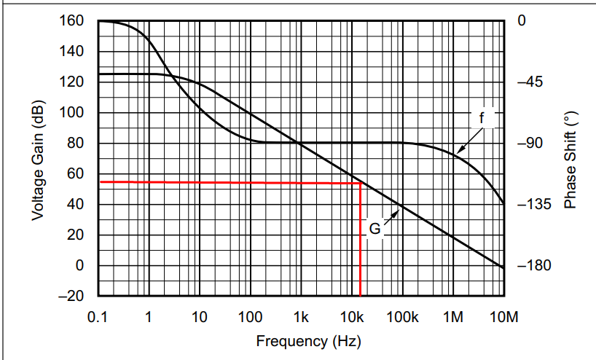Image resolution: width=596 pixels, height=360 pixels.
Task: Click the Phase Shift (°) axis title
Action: tap(570, 160)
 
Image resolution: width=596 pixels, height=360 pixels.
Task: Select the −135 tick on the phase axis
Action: tap(531, 205)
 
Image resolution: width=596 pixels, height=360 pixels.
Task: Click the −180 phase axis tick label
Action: tap(531, 266)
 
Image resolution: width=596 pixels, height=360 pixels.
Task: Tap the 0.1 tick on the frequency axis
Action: tap(97, 317)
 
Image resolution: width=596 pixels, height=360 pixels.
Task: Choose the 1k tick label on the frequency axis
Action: tap(300, 317)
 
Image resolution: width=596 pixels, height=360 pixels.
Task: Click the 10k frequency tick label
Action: tap(353, 317)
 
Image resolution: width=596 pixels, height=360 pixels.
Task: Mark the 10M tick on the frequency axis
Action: tap(503, 317)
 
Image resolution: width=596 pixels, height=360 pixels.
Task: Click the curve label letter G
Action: tap(375, 229)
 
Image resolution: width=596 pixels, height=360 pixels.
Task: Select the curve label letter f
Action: tap(481, 117)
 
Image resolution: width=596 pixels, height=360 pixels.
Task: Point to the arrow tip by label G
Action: tap(400, 208)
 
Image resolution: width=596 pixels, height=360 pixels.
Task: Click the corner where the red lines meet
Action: tap(361, 182)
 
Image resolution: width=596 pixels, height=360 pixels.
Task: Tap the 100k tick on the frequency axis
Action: tap(402, 317)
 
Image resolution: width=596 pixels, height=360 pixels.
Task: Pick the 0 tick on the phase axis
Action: tap(520, 21)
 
